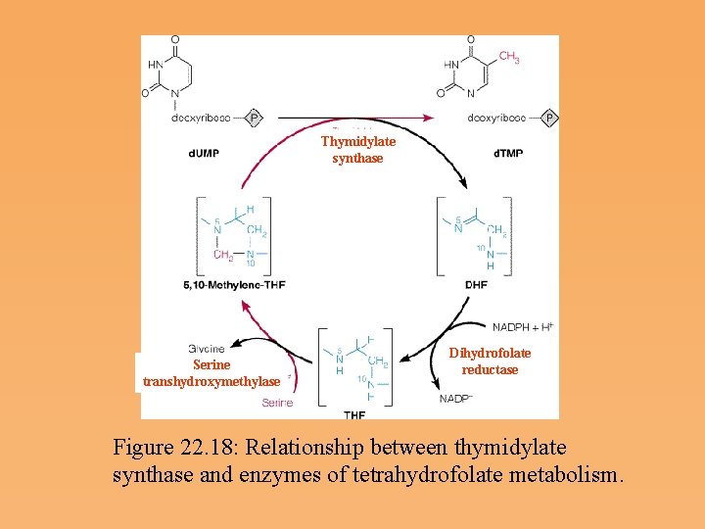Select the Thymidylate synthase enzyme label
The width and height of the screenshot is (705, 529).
[357, 149]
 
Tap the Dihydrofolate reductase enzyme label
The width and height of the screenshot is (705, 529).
[490, 361]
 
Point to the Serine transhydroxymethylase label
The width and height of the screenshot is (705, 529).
[211, 372]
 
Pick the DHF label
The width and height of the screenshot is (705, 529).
[477, 285]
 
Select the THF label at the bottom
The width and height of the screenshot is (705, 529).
[354, 414]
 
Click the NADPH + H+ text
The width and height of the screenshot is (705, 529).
[522, 325]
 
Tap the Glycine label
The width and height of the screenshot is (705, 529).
[207, 348]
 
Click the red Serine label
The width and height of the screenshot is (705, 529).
[276, 403]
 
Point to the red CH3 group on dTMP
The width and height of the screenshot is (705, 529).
[509, 58]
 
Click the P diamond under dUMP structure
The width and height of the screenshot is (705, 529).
[255, 119]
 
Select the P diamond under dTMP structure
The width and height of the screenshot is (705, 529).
[550, 119]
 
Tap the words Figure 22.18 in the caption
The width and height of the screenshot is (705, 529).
[175, 448]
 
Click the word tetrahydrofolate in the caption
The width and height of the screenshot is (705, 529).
[461, 476]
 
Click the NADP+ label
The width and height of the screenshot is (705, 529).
[456, 399]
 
